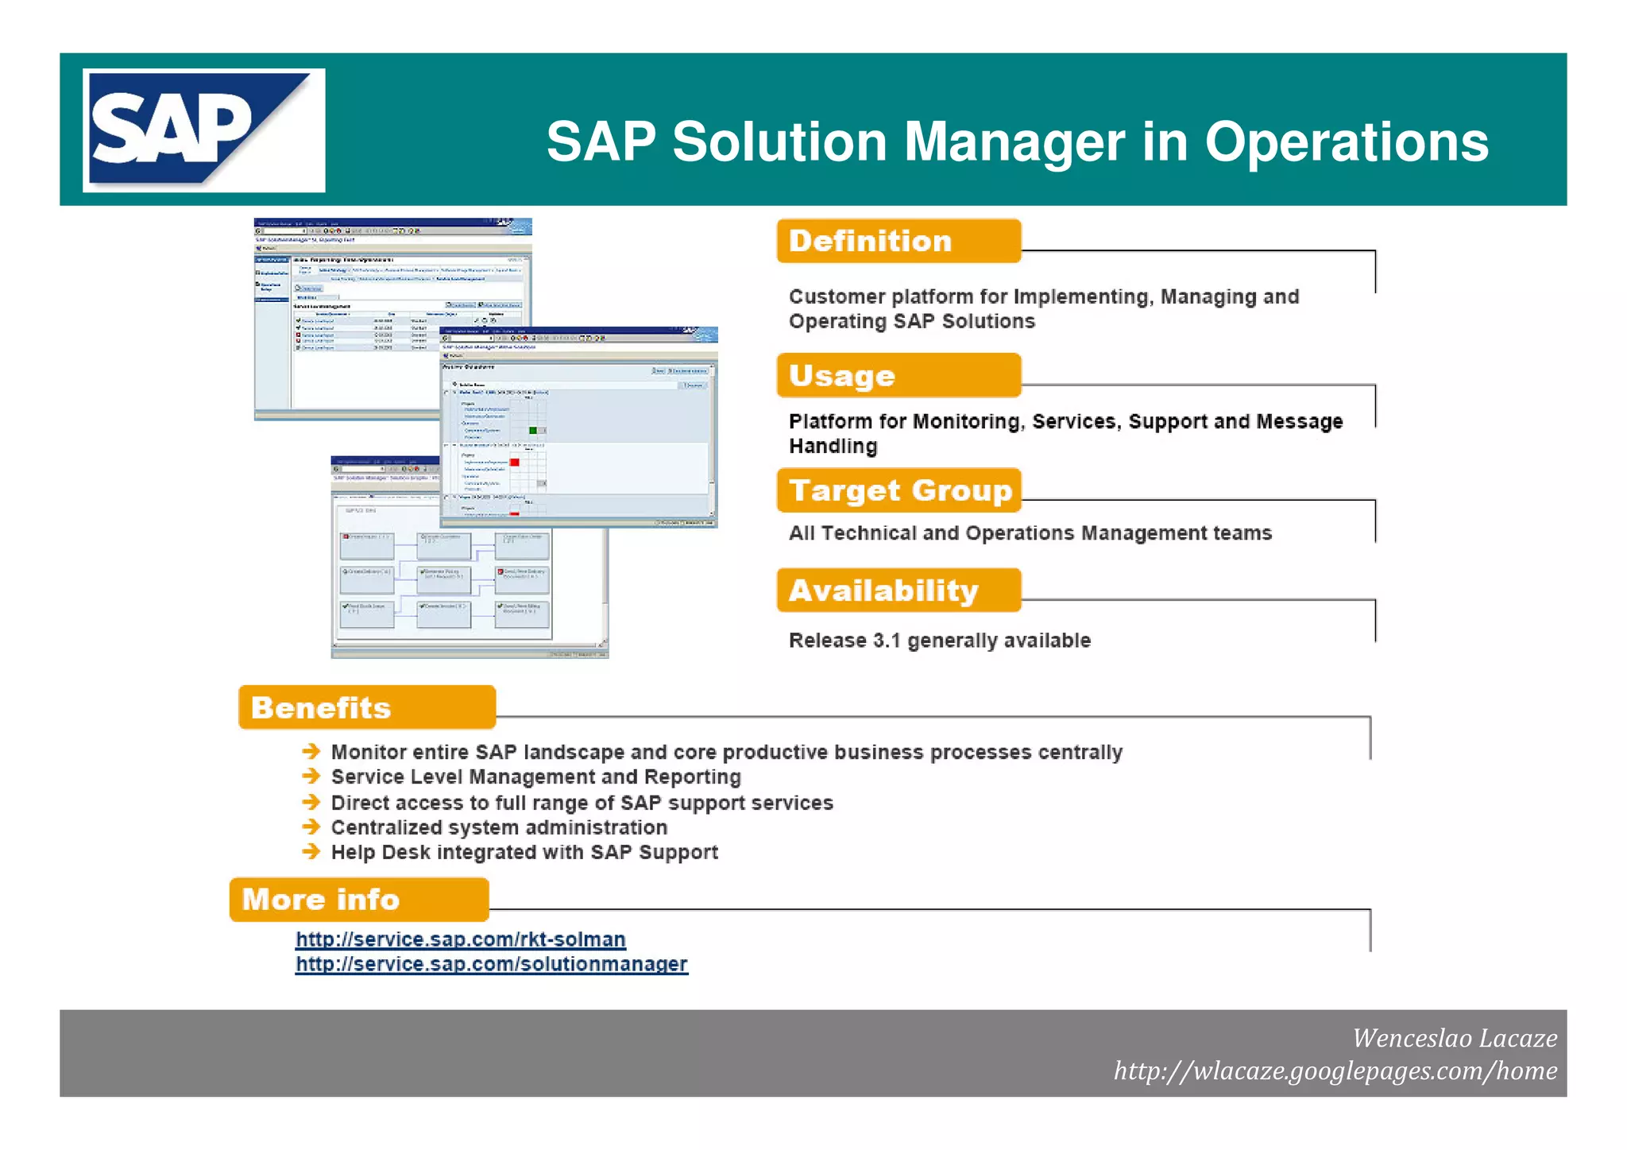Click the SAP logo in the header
tap(203, 130)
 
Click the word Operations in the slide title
tap(1346, 143)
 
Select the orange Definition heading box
tap(898, 241)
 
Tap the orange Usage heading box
tap(898, 375)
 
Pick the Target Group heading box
tap(898, 490)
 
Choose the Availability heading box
tap(898, 590)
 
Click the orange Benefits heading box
tap(366, 707)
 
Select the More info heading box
tap(358, 900)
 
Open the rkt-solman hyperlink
tap(460, 939)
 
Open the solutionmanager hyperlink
tap(491, 964)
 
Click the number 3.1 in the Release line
tap(886, 641)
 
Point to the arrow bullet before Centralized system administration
tap(311, 827)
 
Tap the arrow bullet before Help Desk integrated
tap(311, 852)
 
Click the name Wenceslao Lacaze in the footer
tap(1454, 1038)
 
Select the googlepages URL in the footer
tap(1335, 1071)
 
